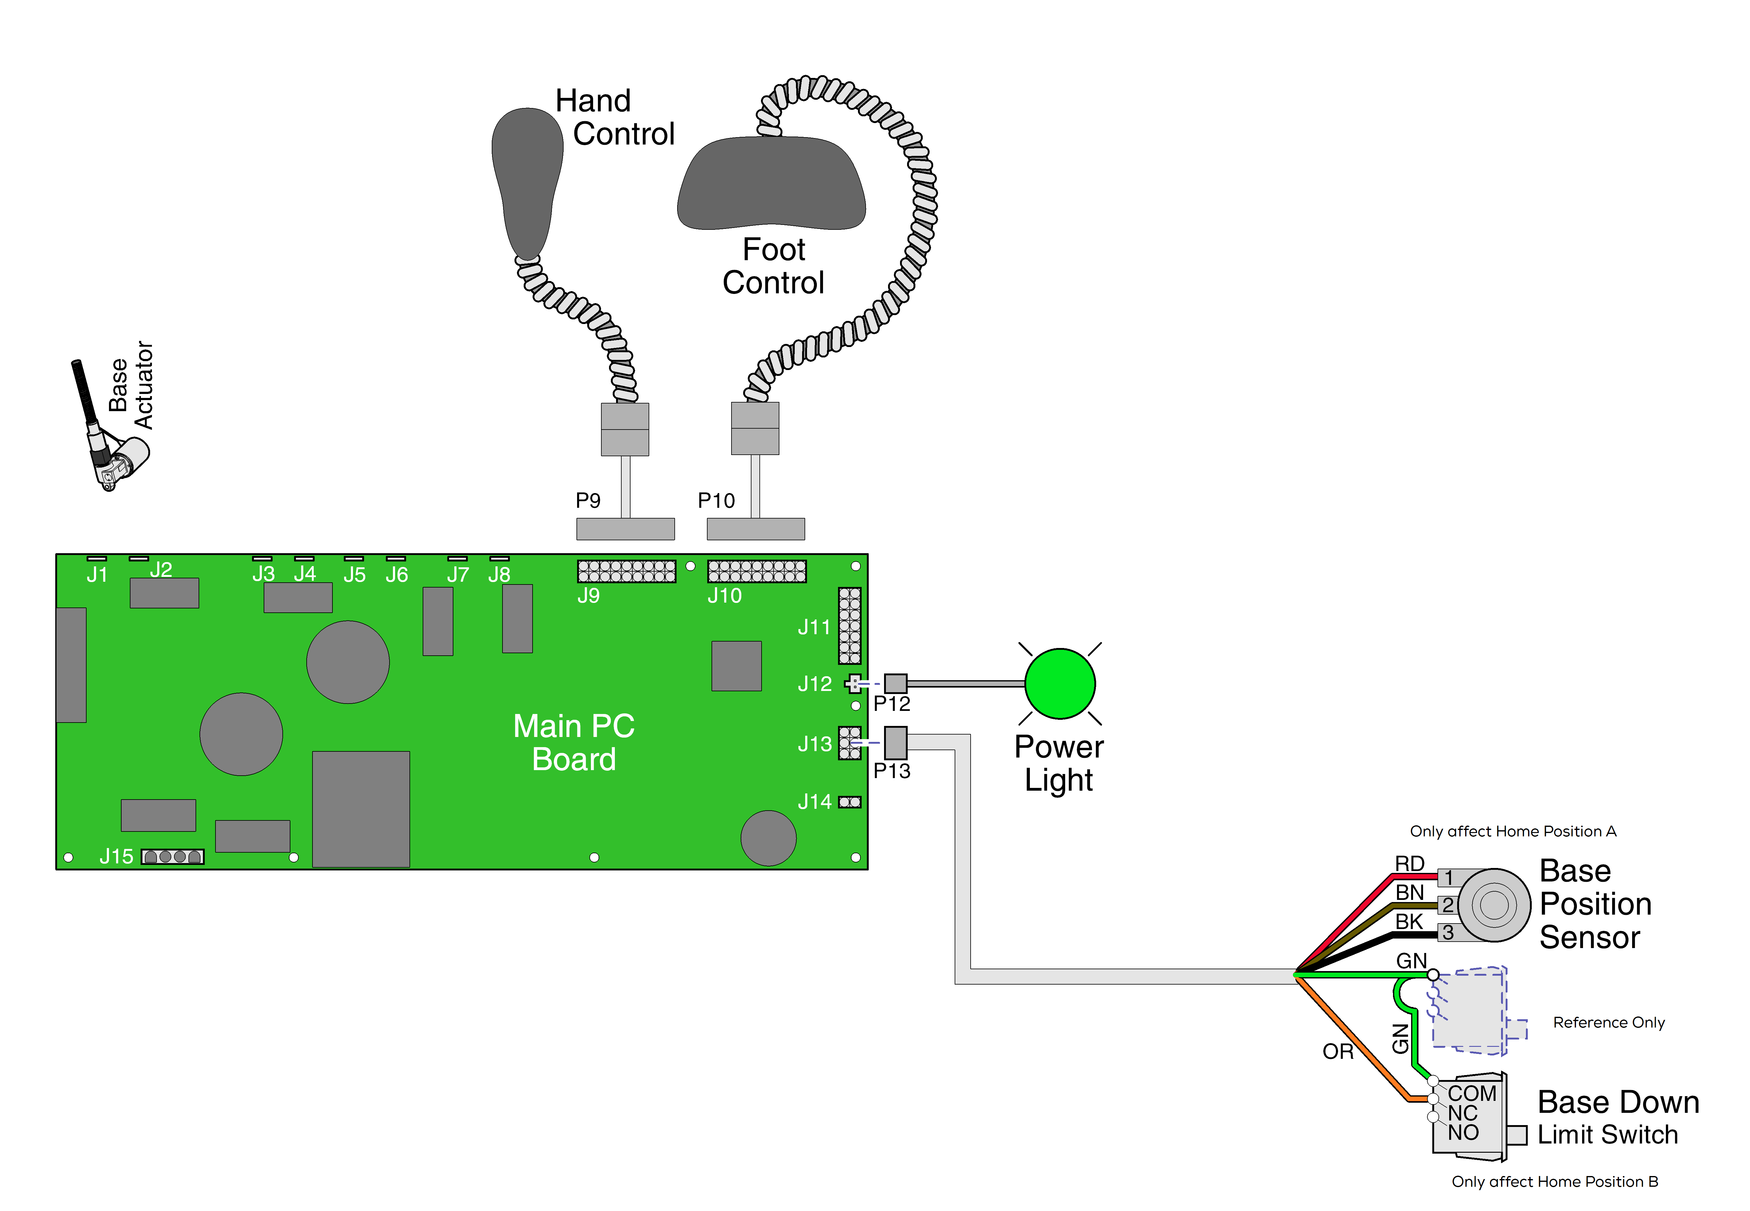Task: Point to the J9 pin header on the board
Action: pyautogui.click(x=626, y=571)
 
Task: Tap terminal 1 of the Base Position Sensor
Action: pyautogui.click(x=1448, y=878)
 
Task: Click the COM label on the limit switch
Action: pyautogui.click(x=1471, y=1093)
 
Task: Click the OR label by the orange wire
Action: pyautogui.click(x=1338, y=1052)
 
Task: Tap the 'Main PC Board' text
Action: pyautogui.click(x=574, y=742)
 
